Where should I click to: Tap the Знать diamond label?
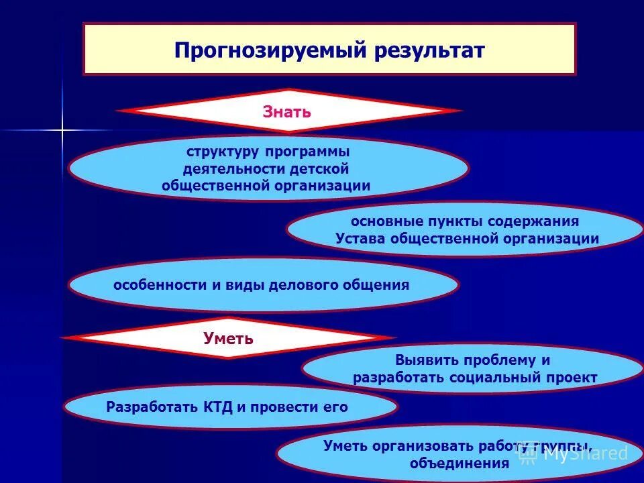click(286, 111)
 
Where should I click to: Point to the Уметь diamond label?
click(228, 338)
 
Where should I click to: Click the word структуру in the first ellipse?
click(221, 151)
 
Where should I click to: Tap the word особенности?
click(159, 284)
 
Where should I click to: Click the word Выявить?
click(427, 360)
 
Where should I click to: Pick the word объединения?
click(460, 463)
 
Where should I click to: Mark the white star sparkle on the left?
click(62, 129)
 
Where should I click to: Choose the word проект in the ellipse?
click(572, 377)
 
